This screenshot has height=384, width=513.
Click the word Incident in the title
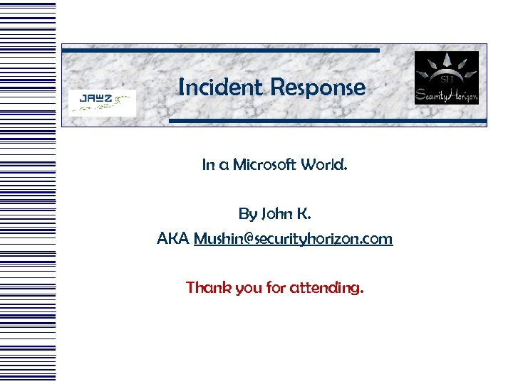coord(220,87)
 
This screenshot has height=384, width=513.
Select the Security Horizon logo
coord(447,78)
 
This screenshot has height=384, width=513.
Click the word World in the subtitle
coord(326,165)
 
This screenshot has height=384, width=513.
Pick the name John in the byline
coord(276,213)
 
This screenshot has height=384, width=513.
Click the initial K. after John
coord(304,213)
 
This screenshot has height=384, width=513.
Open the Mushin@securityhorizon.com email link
coord(293,238)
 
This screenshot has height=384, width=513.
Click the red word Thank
coord(206,287)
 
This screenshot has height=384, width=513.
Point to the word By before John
coord(247,213)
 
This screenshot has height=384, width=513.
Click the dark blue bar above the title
coord(221,50)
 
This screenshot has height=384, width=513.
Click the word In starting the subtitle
coord(208,165)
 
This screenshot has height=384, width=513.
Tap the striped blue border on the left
coord(28,192)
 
